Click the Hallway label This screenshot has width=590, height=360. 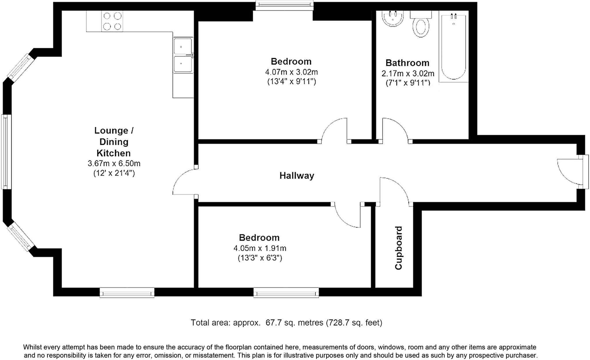[x=297, y=176]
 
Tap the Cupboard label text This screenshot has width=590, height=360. [x=398, y=248]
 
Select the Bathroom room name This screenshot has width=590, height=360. [x=407, y=63]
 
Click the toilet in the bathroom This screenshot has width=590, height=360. [x=421, y=24]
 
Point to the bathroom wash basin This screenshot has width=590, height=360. [x=393, y=18]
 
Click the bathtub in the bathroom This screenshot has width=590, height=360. [x=453, y=47]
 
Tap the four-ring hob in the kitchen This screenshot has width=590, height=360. [x=112, y=21]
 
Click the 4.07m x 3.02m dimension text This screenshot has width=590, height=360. [x=292, y=72]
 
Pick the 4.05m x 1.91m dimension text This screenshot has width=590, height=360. [x=260, y=248]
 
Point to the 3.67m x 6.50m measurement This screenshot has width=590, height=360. [x=114, y=163]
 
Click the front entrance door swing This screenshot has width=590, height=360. [x=570, y=172]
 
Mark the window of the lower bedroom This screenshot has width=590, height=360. [x=286, y=293]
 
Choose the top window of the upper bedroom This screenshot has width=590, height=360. [x=284, y=5]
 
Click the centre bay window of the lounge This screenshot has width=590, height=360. [x=6, y=152]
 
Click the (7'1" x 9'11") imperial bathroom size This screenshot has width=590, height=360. [x=408, y=83]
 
